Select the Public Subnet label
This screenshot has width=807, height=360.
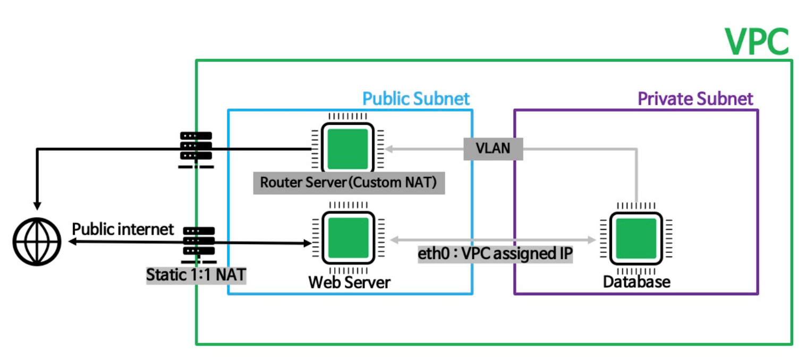point(416,99)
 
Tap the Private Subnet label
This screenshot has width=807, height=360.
point(695,99)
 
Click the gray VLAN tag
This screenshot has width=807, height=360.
point(493,149)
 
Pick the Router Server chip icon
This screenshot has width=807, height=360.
point(347,149)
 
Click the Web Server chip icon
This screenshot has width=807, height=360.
point(348,239)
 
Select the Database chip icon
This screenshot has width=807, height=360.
point(636,238)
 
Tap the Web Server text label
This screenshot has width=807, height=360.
point(349,281)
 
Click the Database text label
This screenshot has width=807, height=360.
point(636,281)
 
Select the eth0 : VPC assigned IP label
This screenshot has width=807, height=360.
point(495,254)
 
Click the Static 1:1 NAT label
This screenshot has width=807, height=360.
point(196,276)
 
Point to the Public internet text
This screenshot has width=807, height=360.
point(123,229)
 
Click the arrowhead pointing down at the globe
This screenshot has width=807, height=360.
point(37,204)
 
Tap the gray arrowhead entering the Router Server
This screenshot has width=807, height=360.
point(388,149)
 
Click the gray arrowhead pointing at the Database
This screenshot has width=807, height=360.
point(591,240)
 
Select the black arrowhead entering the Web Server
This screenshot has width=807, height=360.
point(307,243)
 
